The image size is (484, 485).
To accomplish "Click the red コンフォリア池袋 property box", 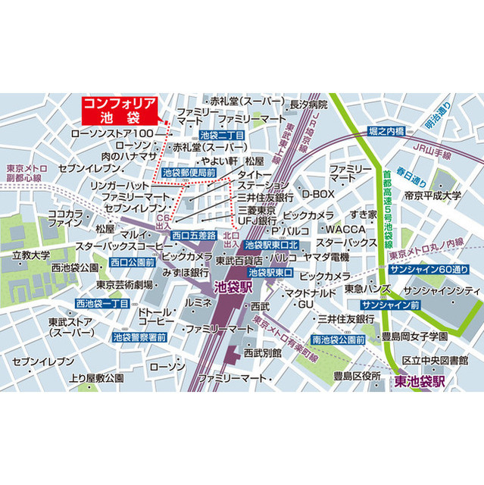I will pyautogui.click(x=119, y=111).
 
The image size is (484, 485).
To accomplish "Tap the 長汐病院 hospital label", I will pyautogui.click(x=308, y=105).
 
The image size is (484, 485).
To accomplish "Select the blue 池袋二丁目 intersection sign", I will pyautogui.click(x=220, y=135).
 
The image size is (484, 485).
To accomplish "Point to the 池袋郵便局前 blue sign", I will pyautogui.click(x=189, y=173).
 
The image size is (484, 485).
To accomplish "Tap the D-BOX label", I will pyautogui.click(x=318, y=194).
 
